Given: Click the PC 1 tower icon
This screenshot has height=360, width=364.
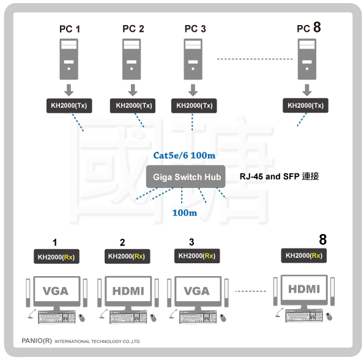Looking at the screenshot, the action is [69, 59].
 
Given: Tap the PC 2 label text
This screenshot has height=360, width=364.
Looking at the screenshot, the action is [133, 29].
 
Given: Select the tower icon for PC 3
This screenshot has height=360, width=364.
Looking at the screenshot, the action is [193, 59].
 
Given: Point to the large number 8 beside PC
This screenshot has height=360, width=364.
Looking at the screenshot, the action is [317, 27].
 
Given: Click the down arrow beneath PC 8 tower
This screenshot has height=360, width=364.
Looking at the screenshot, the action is [307, 90].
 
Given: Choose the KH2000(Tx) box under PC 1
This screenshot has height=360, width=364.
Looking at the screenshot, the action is [69, 106].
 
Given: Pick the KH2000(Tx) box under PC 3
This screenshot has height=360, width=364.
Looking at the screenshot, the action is [194, 106].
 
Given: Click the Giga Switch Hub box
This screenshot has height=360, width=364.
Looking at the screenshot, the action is [186, 177].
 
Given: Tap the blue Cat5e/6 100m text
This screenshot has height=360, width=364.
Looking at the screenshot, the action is [184, 156].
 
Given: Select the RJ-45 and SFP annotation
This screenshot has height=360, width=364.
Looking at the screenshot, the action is [279, 176].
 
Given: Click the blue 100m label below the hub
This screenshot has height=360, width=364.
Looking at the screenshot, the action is [185, 212].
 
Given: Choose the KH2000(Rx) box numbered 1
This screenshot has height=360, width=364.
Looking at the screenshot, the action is [56, 257].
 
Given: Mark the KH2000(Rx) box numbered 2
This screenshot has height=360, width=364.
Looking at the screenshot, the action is [127, 257].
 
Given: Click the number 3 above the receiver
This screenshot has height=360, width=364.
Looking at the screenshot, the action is [191, 242].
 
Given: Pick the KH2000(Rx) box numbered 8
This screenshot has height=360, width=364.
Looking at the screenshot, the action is [304, 255].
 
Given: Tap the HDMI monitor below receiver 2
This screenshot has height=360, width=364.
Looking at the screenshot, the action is [128, 291].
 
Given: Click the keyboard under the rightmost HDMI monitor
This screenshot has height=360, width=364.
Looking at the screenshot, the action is [304, 316].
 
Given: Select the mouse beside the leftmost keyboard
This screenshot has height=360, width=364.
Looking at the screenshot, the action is [82, 318].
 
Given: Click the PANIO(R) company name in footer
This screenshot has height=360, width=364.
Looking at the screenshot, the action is [37, 341].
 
